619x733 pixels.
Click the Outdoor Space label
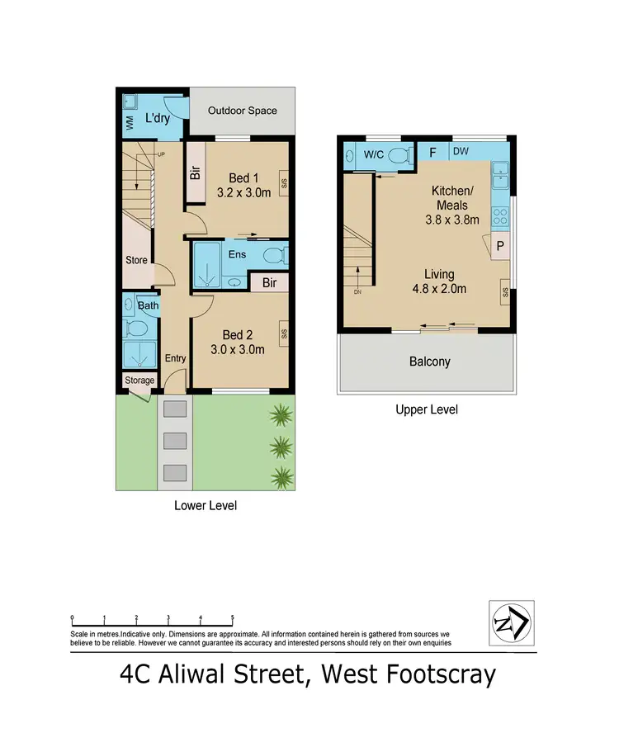point(242,111)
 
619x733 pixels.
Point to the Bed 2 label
point(237,335)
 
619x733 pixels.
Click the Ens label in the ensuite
point(238,255)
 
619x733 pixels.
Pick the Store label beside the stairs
point(136,261)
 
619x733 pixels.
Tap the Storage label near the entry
point(139,381)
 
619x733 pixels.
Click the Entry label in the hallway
point(175,358)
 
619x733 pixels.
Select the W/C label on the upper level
point(374,154)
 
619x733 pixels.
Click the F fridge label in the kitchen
point(432,152)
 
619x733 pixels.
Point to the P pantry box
point(500,245)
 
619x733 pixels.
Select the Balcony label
point(430,362)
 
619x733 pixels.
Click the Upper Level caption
point(427,409)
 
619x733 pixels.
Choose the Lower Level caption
point(205,505)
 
